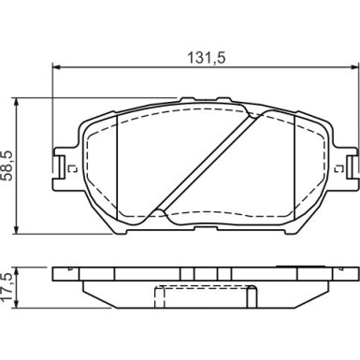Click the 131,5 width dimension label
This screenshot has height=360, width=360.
coord(206,58)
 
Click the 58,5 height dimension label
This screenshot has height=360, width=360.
coord(8,166)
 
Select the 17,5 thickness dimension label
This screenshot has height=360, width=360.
coord(7,286)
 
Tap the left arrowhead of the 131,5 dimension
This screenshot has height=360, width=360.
coord(56,66)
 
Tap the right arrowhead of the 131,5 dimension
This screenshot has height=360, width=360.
coord(355,66)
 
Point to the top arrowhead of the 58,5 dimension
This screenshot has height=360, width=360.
coord(16,102)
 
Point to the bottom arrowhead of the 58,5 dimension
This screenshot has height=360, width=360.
coord(16,230)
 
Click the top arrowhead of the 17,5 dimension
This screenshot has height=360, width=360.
coord(16,271)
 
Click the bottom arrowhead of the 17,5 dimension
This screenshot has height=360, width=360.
coord(16,304)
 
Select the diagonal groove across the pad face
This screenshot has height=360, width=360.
coord(208,163)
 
